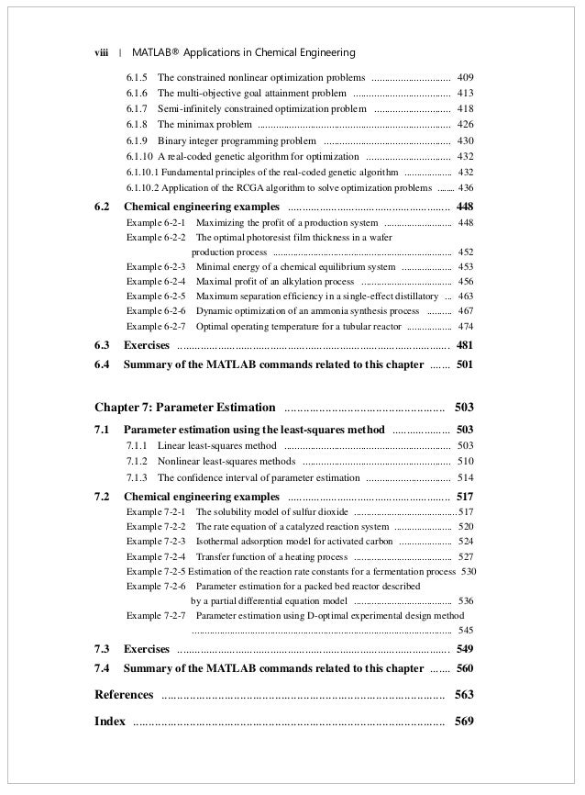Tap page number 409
click(465, 77)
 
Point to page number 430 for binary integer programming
click(465, 140)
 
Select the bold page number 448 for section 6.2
click(464, 206)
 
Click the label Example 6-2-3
click(156, 266)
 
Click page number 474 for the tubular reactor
click(465, 326)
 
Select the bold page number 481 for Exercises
click(464, 345)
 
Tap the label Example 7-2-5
click(156, 571)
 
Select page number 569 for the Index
click(464, 721)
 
